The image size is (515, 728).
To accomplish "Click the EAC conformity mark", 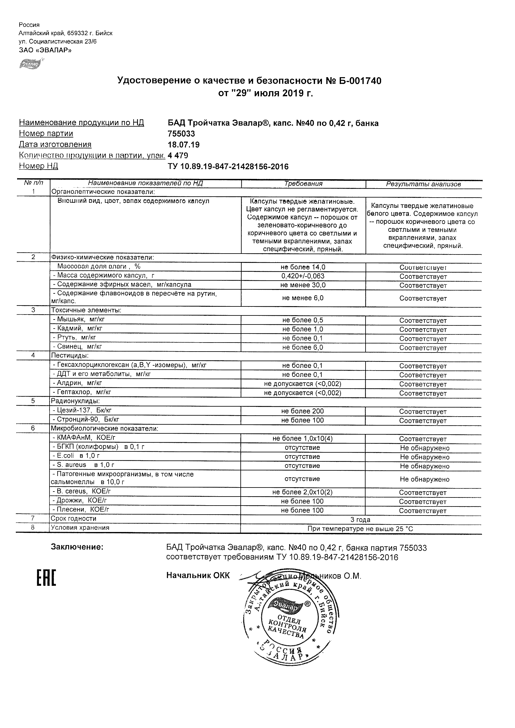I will [46, 577].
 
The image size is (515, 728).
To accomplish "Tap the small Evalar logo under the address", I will [31, 64].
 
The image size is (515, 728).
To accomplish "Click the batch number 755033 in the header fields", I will [181, 134].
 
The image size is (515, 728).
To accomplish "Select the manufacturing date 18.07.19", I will [183, 145].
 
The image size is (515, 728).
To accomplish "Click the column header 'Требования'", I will [303, 184].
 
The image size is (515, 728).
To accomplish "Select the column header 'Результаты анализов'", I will [423, 184].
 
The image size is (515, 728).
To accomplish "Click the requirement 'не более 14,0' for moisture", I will [303, 267].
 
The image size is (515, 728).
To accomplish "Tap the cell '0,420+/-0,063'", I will [303, 276].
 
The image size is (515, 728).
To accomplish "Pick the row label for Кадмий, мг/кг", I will [78, 329].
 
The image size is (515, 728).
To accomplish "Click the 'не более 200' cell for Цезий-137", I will [302, 411].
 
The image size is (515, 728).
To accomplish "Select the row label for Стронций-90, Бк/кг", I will [86, 419].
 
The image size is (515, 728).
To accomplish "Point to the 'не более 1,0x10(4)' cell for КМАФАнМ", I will [302, 439].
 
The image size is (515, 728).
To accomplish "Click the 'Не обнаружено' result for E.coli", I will [425, 457].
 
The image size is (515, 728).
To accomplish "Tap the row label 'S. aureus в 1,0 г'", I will [83, 465].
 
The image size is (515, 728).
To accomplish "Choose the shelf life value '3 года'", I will [360, 520].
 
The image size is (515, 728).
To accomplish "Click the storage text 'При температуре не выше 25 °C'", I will [360, 529].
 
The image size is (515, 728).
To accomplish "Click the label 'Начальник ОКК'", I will [198, 576].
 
